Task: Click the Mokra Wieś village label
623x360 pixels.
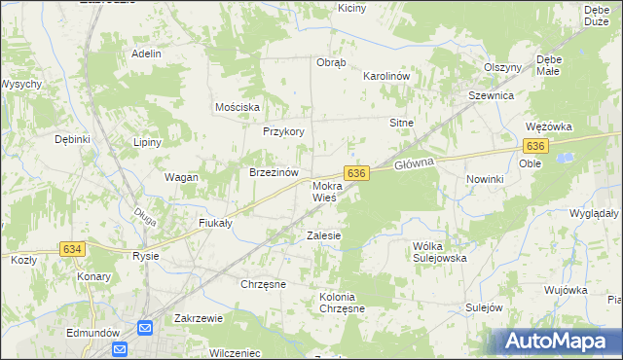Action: click(326, 191)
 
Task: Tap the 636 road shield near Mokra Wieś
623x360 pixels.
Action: click(357, 172)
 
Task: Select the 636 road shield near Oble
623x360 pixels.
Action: click(534, 146)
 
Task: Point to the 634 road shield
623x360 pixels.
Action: click(72, 250)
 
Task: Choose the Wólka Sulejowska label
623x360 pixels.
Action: click(440, 252)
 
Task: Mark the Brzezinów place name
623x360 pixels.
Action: click(273, 172)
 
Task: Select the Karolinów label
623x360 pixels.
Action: click(385, 75)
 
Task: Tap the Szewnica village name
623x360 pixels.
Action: click(491, 96)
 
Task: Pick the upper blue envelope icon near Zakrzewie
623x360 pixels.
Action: click(146, 329)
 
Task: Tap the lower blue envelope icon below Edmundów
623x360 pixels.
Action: click(120, 349)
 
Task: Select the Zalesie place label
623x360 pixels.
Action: click(323, 235)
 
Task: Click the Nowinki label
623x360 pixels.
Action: click(484, 179)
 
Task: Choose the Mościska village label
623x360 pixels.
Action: click(237, 106)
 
